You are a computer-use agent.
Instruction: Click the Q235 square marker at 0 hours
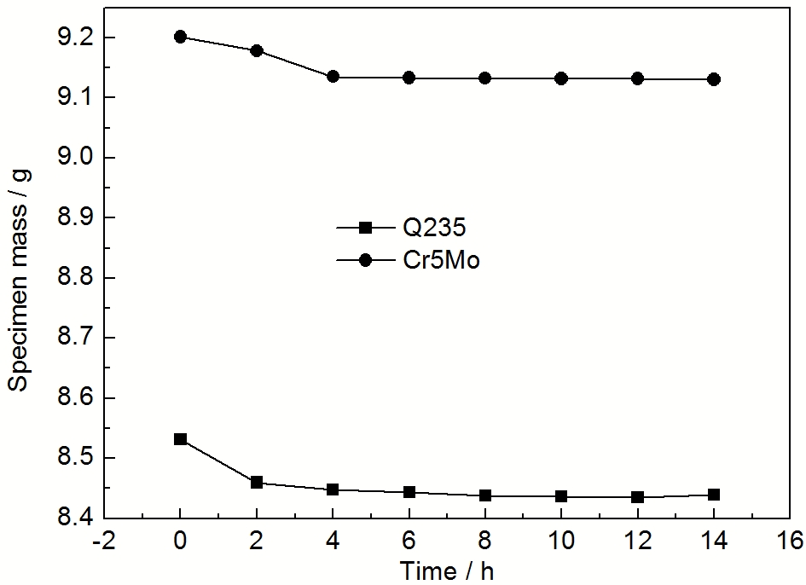point(181,439)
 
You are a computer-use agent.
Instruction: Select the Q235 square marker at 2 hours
point(257,483)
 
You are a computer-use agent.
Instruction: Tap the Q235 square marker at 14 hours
point(715,495)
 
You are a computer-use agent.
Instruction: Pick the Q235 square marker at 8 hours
point(485,495)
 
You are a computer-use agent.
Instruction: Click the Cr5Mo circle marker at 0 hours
point(181,37)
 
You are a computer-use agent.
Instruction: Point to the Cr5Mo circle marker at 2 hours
point(257,50)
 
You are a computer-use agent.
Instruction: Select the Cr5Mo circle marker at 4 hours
point(333,77)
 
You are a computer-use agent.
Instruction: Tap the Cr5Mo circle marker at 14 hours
point(715,79)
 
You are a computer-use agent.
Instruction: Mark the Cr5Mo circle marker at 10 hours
point(561,78)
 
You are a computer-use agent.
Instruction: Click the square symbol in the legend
point(364,228)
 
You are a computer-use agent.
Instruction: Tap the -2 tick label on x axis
point(102,541)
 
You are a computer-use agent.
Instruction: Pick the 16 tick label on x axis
point(791,541)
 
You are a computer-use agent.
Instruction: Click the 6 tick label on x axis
point(409,541)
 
